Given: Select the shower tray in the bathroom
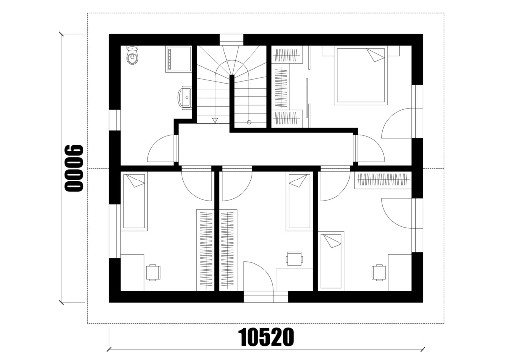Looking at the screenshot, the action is click(x=178, y=59).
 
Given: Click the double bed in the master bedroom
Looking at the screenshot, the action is click(x=361, y=76).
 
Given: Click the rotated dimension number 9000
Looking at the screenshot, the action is click(x=74, y=168).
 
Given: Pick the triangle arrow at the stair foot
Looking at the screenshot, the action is click(x=214, y=121).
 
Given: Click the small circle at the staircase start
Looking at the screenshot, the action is click(x=249, y=122).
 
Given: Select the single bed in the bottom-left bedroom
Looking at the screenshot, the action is click(x=134, y=201).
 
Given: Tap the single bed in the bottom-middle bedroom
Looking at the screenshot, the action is click(x=298, y=201).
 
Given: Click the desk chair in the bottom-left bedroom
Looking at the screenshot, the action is click(x=153, y=272).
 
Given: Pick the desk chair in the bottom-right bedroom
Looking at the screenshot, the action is click(x=379, y=272).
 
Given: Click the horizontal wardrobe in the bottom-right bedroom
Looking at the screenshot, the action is click(x=383, y=180).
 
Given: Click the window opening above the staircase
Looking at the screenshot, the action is click(x=232, y=40).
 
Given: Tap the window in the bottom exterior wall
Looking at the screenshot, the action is click(x=266, y=297).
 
